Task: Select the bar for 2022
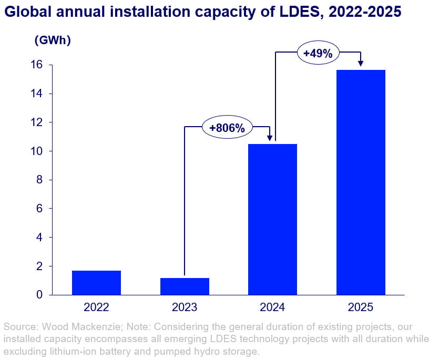[96, 283]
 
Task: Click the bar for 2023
[185, 286]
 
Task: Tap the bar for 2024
[272, 219]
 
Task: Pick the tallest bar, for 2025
[361, 182]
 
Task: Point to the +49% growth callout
[318, 53]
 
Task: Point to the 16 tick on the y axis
[37, 65]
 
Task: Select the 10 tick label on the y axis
[37, 151]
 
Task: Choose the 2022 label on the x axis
[96, 306]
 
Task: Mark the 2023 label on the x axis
[185, 306]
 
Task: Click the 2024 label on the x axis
[272, 306]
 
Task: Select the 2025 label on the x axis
[361, 306]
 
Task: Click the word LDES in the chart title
[296, 12]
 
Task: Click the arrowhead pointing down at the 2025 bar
[361, 64]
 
